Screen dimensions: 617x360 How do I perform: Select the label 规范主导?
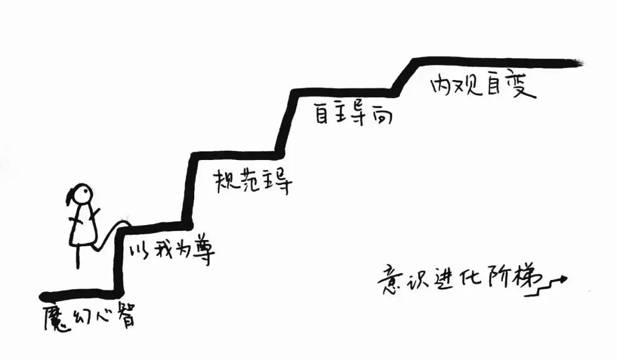point(253,182)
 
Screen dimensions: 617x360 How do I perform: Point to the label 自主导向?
point(353,113)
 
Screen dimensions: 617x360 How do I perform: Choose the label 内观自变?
point(483,85)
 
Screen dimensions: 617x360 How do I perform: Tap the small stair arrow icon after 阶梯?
point(552,286)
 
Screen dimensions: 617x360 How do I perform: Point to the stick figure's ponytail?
point(69,195)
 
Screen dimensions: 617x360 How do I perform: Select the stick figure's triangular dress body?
point(83,226)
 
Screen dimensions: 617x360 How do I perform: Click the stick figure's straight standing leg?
point(78,257)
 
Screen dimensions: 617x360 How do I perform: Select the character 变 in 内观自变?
point(524,86)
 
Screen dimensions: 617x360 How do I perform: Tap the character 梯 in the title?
point(528,280)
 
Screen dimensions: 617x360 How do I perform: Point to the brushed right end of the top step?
point(578,62)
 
